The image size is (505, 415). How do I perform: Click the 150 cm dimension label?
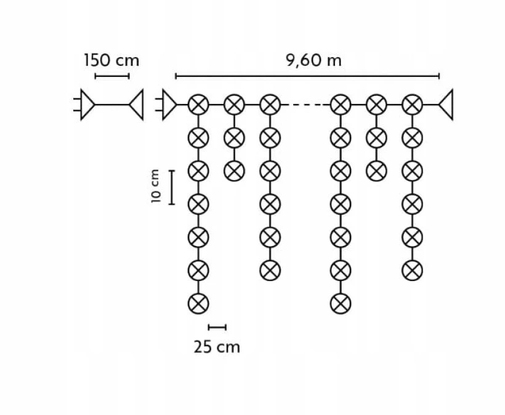(x=111, y=60)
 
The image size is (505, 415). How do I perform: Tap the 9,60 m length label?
(x=313, y=60)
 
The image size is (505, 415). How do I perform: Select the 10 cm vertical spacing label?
(x=155, y=186)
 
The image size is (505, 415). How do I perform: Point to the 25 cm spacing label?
(x=217, y=347)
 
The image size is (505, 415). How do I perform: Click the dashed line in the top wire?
(x=305, y=105)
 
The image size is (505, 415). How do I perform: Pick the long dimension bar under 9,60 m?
(x=307, y=76)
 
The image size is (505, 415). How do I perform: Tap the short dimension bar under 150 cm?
(x=112, y=76)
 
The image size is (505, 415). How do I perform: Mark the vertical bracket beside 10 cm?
(x=172, y=187)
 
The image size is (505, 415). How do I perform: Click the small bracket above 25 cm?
(x=217, y=327)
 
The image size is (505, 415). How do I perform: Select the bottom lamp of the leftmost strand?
(x=198, y=304)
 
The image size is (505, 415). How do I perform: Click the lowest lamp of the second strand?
(x=234, y=171)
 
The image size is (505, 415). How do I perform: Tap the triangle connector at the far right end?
(x=446, y=105)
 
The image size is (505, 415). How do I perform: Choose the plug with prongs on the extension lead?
(x=84, y=105)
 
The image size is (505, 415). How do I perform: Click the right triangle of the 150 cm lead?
(x=136, y=105)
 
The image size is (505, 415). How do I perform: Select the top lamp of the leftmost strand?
(x=198, y=105)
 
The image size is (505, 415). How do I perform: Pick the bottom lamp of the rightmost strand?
(x=412, y=271)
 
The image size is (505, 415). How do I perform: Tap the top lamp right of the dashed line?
(x=341, y=105)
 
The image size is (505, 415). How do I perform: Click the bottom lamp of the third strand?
(x=270, y=271)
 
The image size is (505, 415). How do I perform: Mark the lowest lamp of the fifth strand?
(x=376, y=171)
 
